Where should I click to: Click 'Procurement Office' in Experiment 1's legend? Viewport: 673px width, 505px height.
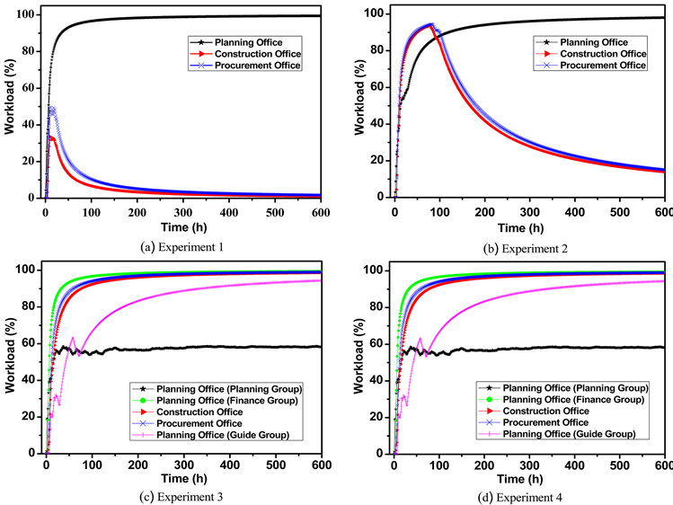256,66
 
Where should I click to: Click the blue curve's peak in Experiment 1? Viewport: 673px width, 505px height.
52,111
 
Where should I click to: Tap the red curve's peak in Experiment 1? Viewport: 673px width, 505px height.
51,137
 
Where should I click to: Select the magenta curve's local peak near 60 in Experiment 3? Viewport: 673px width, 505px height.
73,338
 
